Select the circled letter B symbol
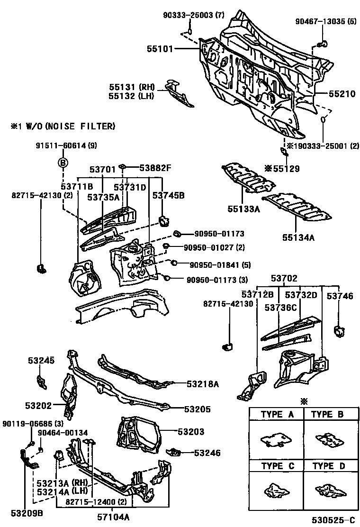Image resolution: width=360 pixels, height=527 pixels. pos(63,163)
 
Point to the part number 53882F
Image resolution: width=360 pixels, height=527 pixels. pos(155,167)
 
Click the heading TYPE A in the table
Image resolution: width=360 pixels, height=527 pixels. pos(277,414)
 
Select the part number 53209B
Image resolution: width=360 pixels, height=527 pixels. pos(27,512)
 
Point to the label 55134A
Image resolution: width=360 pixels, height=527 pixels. pos(298,237)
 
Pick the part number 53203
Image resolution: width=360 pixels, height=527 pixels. pos(191,432)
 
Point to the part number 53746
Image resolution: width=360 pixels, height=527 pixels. pos(340,296)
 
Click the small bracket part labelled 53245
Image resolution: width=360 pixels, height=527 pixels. pos(41,381)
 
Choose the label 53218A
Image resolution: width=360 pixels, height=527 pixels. pos(202,384)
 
